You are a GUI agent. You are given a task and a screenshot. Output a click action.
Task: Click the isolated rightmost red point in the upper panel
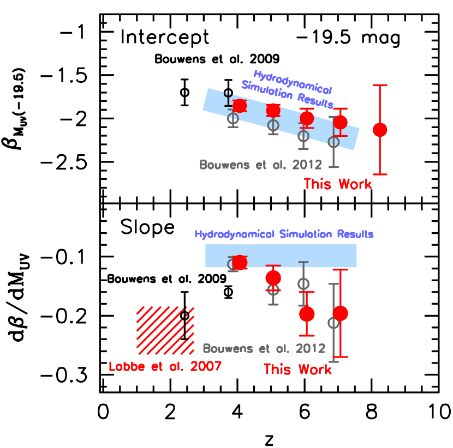click(380, 130)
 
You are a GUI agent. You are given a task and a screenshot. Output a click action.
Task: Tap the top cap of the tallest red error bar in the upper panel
click(380, 85)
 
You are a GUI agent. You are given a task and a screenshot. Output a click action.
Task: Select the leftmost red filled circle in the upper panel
click(240, 106)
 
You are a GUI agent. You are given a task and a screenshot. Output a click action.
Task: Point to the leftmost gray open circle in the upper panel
click(233, 117)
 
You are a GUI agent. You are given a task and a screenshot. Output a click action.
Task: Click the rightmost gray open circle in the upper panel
click(333, 142)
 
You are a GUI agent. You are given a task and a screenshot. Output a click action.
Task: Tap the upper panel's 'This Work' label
click(338, 184)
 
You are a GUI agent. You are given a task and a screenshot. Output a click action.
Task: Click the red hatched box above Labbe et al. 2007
click(165, 330)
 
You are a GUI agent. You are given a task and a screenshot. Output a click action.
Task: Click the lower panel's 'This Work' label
click(297, 370)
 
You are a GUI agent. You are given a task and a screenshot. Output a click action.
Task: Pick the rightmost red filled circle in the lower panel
click(341, 313)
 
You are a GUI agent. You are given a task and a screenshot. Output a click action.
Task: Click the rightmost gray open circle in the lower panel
click(333, 323)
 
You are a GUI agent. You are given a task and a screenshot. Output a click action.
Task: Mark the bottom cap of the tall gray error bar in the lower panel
click(333, 361)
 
